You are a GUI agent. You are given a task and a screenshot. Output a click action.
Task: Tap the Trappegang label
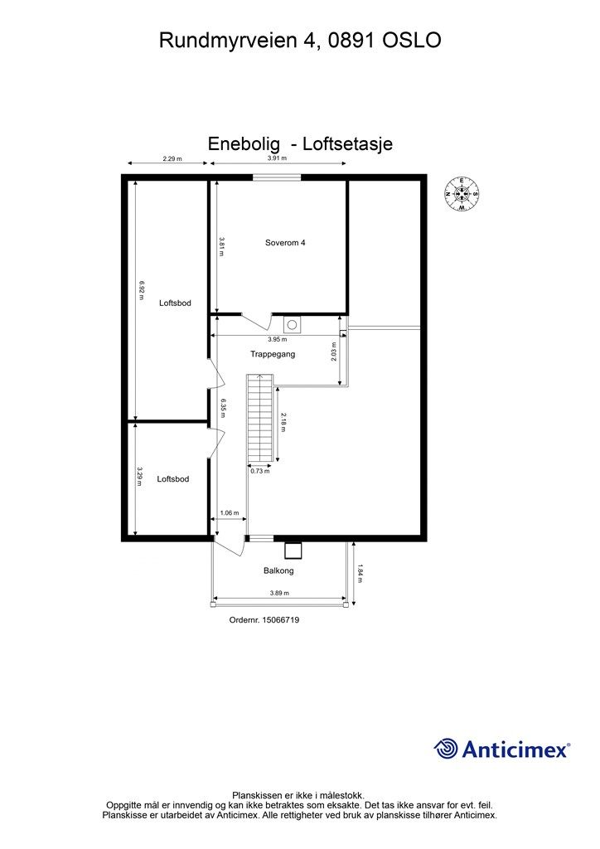273,354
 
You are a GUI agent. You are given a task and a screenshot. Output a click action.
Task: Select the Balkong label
278,570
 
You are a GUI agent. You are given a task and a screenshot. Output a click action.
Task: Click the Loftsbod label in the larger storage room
175,303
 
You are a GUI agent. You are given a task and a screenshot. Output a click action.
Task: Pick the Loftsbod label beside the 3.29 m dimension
172,478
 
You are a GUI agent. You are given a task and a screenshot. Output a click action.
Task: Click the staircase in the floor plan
260,419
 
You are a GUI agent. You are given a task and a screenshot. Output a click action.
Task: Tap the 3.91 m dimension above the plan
277,158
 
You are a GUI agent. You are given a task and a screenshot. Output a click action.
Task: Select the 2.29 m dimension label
172,158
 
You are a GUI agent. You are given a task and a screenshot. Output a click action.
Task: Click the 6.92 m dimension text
142,290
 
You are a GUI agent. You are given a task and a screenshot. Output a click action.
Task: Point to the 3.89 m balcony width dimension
279,593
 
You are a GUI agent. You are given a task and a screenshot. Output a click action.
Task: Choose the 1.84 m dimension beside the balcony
360,573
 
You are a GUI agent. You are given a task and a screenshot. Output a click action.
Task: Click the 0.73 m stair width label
261,471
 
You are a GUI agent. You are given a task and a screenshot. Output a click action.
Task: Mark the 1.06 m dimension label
229,512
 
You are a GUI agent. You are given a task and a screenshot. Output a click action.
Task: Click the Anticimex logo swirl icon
446,749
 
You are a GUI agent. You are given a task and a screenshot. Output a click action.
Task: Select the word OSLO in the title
412,40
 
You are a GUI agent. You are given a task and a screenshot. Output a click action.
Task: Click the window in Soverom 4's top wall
277,177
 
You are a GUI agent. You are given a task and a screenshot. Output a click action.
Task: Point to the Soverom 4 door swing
256,321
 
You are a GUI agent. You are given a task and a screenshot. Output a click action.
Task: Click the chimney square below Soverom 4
292,324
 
